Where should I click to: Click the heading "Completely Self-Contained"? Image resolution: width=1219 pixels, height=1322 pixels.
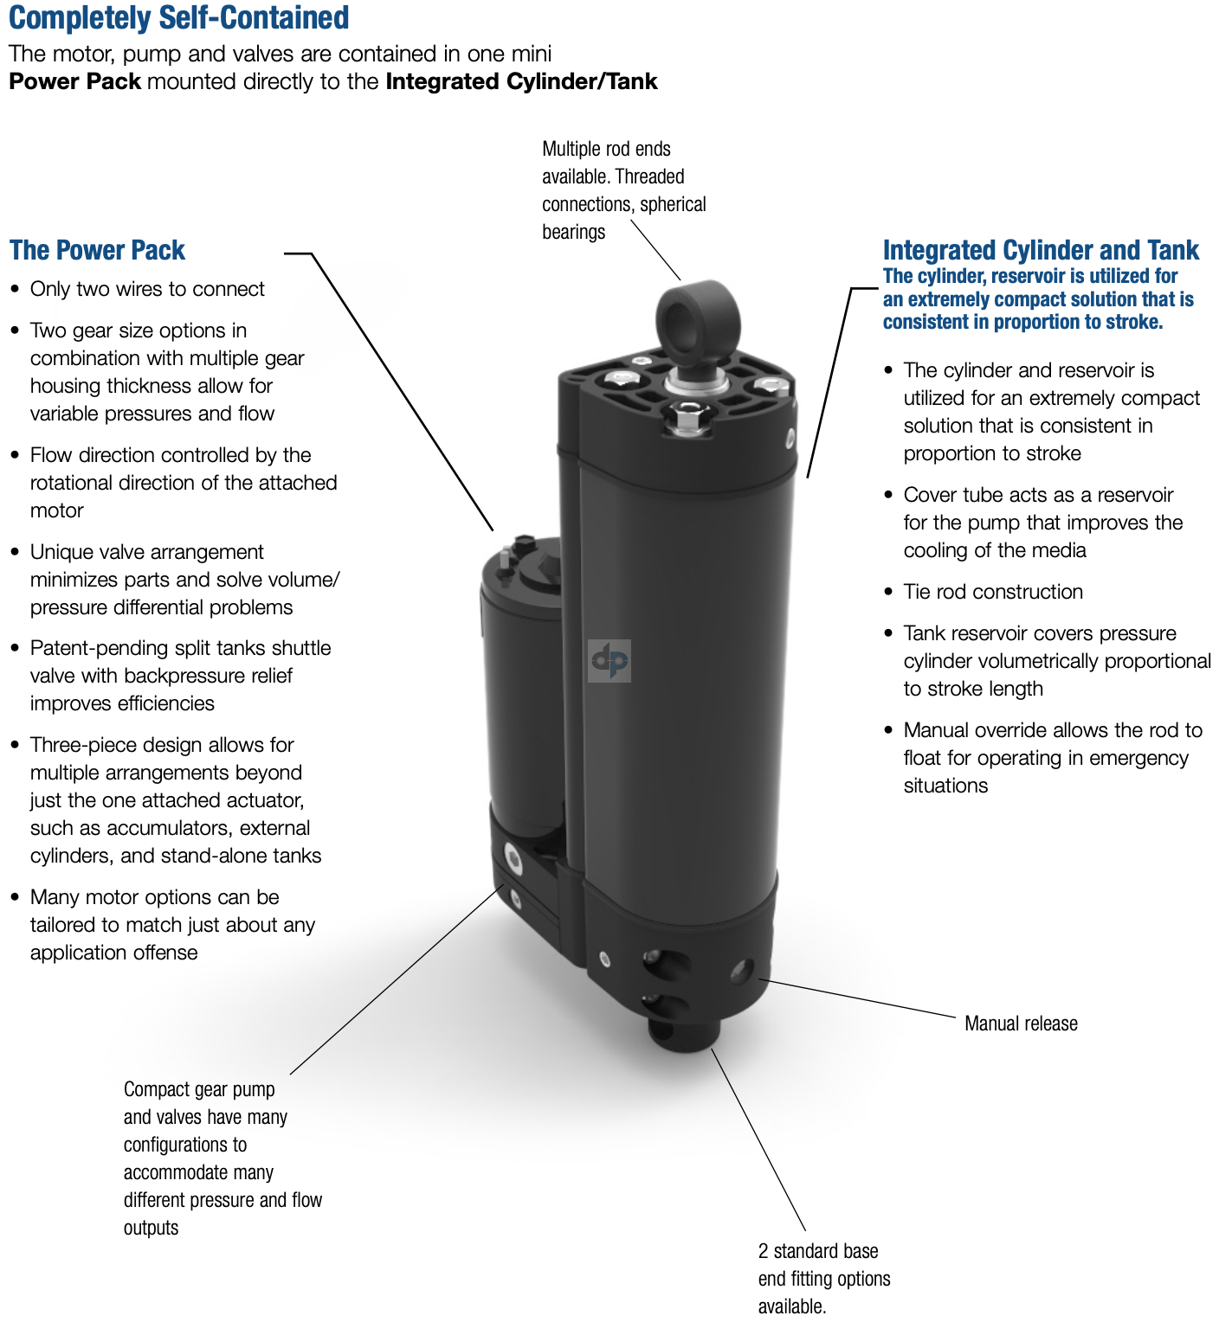pyautogui.click(x=178, y=18)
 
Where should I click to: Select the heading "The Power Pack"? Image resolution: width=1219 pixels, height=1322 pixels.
pyautogui.click(x=97, y=251)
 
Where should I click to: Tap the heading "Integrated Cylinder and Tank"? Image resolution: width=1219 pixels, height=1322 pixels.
pyautogui.click(x=1040, y=251)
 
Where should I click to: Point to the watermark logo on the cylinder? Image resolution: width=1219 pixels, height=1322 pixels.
pyautogui.click(x=609, y=661)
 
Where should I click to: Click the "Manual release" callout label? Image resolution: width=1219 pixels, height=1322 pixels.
pyautogui.click(x=1021, y=1024)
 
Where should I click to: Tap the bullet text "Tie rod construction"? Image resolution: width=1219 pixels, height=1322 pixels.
pyautogui.click(x=993, y=592)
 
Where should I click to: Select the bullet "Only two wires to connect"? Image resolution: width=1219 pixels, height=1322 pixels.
pyautogui.click(x=147, y=289)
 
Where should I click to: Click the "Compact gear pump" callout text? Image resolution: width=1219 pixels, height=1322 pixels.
pyautogui.click(x=199, y=1090)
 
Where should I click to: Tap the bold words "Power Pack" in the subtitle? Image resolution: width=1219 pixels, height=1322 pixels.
pyautogui.click(x=74, y=82)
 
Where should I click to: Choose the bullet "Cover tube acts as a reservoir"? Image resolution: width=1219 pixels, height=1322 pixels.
pyautogui.click(x=1038, y=495)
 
